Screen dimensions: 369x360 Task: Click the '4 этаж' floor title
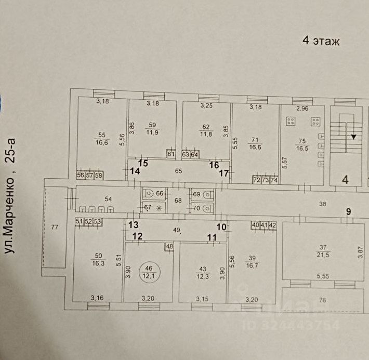(321, 41)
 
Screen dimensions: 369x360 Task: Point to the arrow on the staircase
(353, 137)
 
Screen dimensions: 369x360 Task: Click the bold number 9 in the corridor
(349, 211)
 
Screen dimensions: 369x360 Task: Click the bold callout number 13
(133, 224)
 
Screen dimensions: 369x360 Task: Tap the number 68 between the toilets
(177, 201)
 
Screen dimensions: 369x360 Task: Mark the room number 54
(109, 199)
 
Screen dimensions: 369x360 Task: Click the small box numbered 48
(169, 246)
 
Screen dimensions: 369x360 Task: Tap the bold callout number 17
(223, 174)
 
